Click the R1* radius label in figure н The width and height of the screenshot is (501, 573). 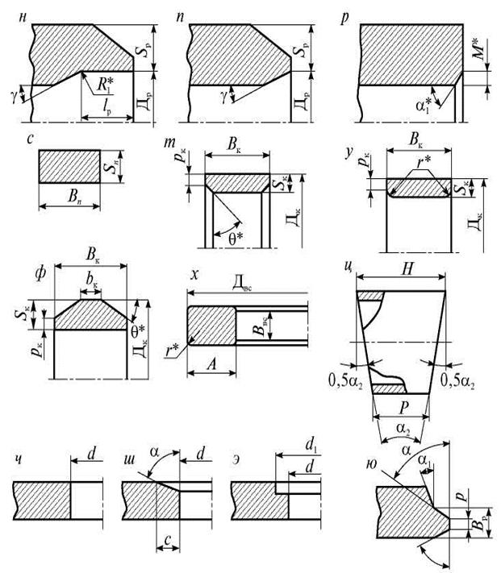click(x=102, y=81)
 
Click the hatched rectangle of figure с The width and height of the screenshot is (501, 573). click(x=69, y=168)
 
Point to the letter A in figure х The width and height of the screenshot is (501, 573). click(x=211, y=363)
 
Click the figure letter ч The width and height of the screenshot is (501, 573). click(x=18, y=460)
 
